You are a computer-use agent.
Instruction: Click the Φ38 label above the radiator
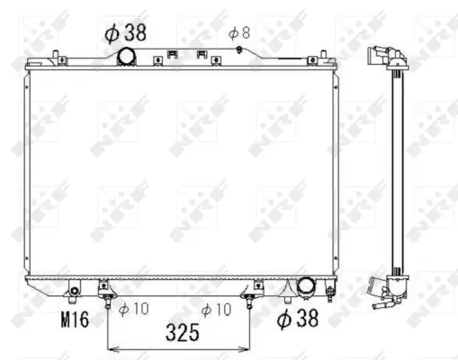(126, 33)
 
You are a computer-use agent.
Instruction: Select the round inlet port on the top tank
(126, 58)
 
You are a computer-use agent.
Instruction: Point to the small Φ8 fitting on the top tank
(238, 49)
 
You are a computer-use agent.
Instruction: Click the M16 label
(75, 318)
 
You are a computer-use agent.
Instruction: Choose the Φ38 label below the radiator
(298, 318)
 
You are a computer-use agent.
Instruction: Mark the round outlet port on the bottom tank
(305, 287)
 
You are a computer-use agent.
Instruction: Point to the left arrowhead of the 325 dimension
(111, 346)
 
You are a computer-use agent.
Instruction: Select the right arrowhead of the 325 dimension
(248, 346)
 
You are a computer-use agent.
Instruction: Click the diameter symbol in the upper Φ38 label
(112, 33)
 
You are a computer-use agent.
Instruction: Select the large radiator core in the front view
(180, 171)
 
